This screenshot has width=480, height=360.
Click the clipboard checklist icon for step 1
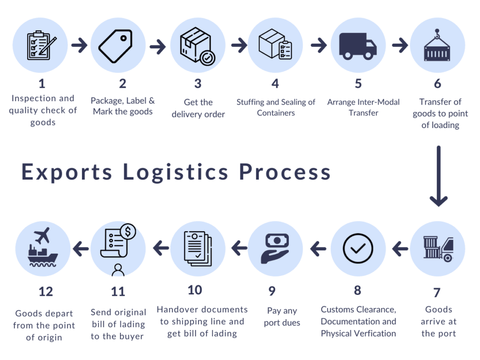pyautogui.click(x=41, y=45)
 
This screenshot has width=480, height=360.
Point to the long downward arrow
pyautogui.click(x=438, y=176)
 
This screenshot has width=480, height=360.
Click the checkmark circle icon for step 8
pyautogui.click(x=358, y=248)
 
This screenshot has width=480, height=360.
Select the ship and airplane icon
pyautogui.click(x=43, y=248)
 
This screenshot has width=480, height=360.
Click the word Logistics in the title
pyautogui.click(x=176, y=172)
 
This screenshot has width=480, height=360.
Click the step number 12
pyautogui.click(x=45, y=292)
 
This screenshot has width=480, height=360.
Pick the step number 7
pyautogui.click(x=436, y=293)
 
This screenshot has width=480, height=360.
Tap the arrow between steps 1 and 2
pyautogui.click(x=79, y=46)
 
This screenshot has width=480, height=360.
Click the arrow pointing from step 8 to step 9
pyautogui.click(x=318, y=249)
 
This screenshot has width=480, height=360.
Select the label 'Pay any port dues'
pyautogui.click(x=282, y=316)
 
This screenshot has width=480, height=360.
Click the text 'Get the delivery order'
pyautogui.click(x=198, y=108)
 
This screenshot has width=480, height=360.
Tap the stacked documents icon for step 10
pyautogui.click(x=197, y=248)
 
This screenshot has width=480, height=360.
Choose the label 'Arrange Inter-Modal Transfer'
pyautogui.click(x=363, y=107)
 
